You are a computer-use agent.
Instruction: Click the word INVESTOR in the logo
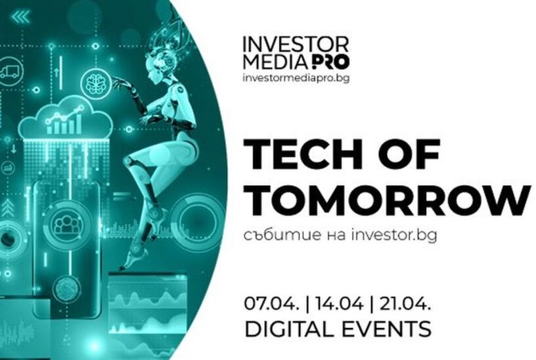[296, 44]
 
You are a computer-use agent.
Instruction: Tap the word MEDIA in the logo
[276, 62]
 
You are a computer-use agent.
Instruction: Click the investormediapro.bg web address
[296, 78]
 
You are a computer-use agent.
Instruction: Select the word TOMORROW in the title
[387, 200]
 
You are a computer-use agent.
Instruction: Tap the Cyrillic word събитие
[282, 235]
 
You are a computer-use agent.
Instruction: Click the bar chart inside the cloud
[65, 120]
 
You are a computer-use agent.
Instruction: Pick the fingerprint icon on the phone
[67, 288]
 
